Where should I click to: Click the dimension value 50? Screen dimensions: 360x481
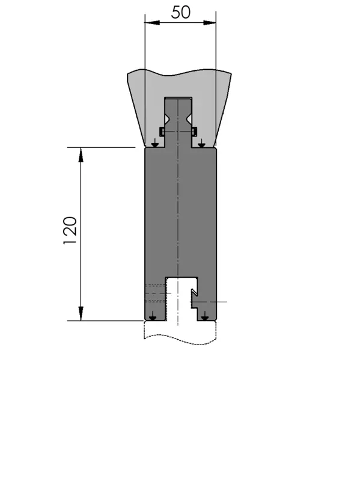pyautogui.click(x=181, y=12)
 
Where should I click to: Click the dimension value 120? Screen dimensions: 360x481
pyautogui.click(x=70, y=230)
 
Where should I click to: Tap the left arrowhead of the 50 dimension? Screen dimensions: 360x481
pyautogui.click(x=152, y=22)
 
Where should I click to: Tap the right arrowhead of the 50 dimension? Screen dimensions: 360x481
pyautogui.click(x=209, y=22)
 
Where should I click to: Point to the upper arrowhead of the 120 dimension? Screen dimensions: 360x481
pyautogui.click(x=81, y=155)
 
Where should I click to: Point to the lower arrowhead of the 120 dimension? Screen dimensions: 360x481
pyautogui.click(x=81, y=313)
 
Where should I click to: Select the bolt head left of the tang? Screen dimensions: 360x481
pyautogui.click(x=162, y=132)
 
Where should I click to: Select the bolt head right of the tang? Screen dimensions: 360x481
pyautogui.click(x=194, y=132)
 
